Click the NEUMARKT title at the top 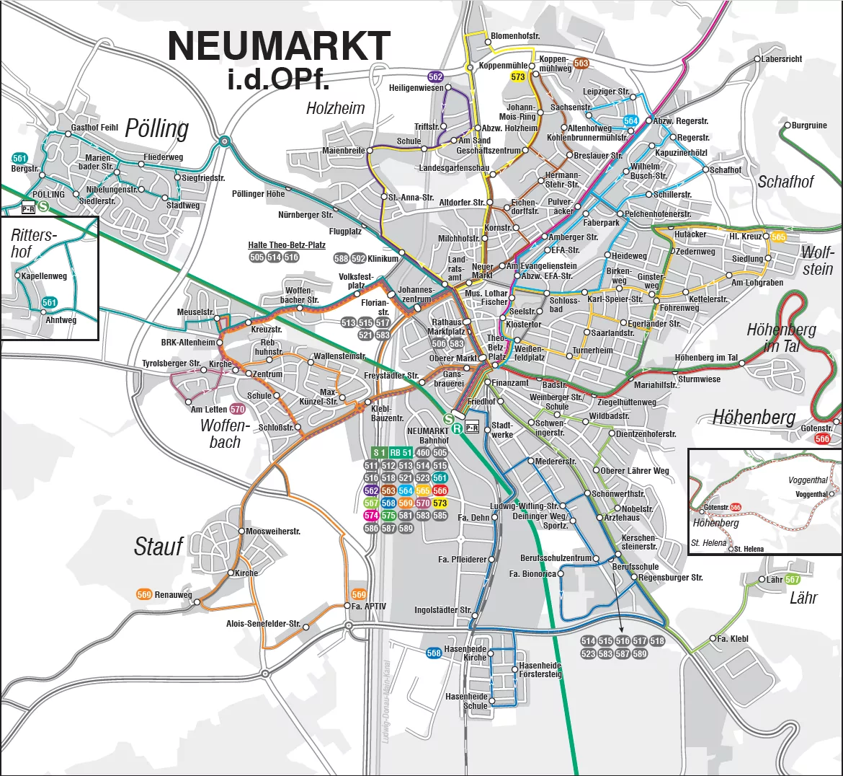click(279, 46)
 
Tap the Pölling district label click(156, 128)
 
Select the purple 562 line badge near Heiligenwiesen click(435, 76)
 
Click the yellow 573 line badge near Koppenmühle click(518, 76)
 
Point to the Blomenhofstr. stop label click(515, 36)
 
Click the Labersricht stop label click(781, 59)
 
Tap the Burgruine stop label click(808, 125)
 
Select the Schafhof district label click(785, 182)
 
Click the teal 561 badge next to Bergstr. click(20, 159)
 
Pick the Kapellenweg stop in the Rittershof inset click(43, 276)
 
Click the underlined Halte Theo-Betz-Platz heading click(287, 245)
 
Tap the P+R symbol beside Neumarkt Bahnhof click(472, 428)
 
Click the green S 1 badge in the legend click(379, 453)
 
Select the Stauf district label click(159, 547)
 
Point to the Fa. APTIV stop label click(369, 607)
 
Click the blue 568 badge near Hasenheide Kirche click(433, 653)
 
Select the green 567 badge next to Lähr click(793, 580)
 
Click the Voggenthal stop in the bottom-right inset click(811, 495)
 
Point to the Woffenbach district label click(225, 433)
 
